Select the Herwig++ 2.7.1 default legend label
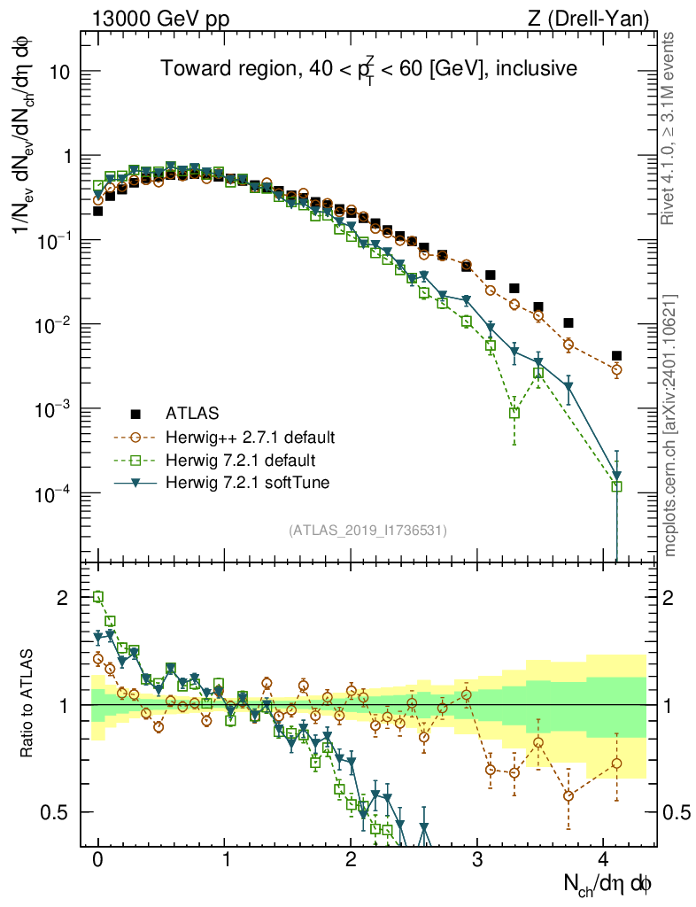[250, 437]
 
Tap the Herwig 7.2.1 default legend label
[236, 460]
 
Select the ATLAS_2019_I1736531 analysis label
[367, 531]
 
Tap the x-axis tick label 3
[477, 858]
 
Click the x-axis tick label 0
[97, 858]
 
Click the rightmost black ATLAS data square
[616, 356]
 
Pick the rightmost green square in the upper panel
[616, 486]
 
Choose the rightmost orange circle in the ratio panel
[616, 764]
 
